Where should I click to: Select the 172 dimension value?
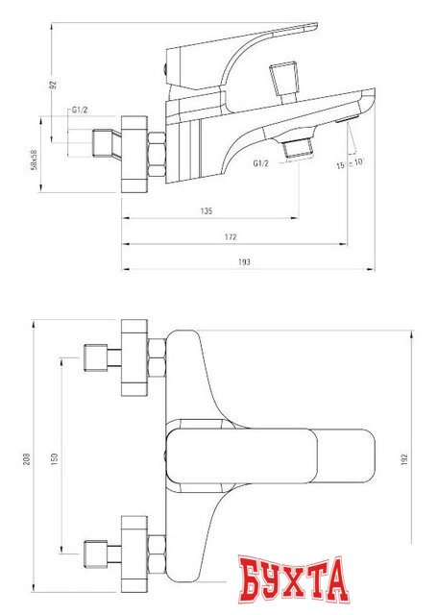[231, 236]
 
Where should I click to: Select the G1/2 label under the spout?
[260, 163]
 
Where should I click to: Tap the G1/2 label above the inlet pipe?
[82, 113]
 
